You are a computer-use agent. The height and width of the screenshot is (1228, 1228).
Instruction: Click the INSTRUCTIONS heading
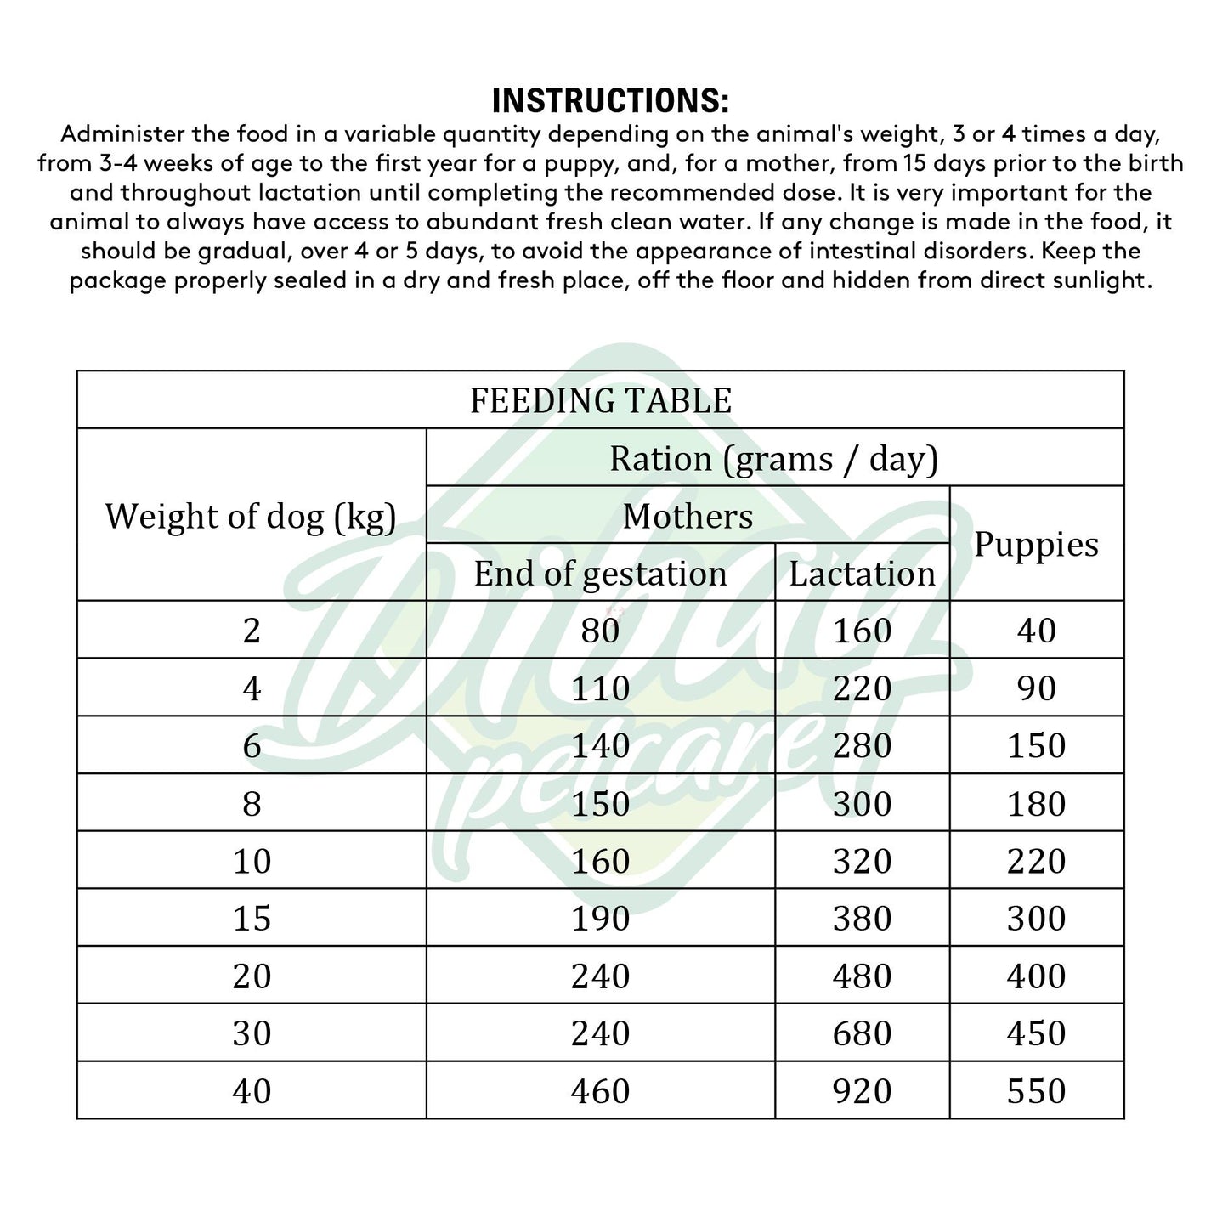click(610, 100)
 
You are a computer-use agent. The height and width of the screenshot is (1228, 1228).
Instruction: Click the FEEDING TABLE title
click(600, 400)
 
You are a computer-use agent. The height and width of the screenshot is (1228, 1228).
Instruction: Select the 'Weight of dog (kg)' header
click(251, 516)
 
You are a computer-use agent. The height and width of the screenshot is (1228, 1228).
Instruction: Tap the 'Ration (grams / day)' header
click(773, 458)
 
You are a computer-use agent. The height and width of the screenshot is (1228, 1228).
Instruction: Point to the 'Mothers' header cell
click(688, 516)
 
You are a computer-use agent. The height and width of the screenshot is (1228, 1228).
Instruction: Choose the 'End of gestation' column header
click(600, 574)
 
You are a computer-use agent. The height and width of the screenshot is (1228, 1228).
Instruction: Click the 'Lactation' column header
click(862, 574)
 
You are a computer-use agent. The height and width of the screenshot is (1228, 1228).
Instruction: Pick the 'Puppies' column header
click(1036, 544)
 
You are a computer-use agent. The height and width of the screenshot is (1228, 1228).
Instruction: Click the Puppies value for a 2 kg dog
click(1036, 631)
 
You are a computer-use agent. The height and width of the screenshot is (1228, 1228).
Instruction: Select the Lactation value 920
click(862, 1091)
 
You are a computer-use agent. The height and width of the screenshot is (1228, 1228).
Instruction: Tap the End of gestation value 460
click(600, 1091)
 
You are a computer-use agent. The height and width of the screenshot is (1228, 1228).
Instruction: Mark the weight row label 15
click(252, 919)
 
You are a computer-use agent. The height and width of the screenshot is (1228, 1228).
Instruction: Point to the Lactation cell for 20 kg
click(862, 976)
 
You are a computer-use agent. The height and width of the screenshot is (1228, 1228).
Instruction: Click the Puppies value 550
click(1036, 1091)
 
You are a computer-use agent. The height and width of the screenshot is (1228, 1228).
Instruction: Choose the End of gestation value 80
click(600, 631)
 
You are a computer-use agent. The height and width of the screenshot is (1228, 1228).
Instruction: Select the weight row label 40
click(252, 1091)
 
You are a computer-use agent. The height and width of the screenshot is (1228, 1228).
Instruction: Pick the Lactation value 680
click(862, 1033)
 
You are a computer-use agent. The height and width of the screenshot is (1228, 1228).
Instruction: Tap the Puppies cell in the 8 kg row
click(1036, 804)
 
